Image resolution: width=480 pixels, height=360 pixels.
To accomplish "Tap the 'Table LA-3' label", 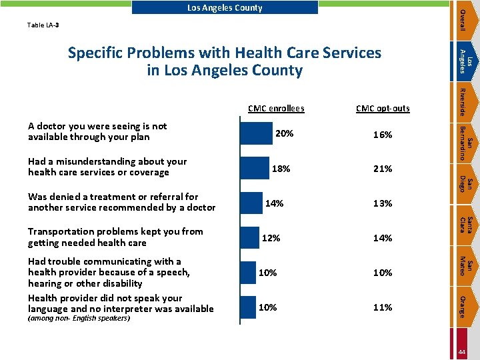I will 43,25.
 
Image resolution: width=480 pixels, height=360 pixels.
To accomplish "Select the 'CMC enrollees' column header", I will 275,108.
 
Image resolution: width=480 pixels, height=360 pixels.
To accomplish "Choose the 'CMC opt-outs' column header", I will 383,108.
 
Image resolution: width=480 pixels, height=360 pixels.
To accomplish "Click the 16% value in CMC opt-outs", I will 383,135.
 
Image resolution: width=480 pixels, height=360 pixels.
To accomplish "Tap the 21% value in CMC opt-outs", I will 383,169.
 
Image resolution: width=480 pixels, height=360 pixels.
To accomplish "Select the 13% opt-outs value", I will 383,204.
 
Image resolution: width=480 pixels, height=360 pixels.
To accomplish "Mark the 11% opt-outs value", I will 383,308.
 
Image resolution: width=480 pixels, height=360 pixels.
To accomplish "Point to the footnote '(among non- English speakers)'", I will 79,318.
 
